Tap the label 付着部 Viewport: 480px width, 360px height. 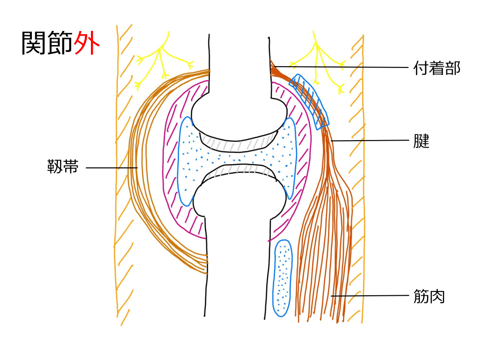[x=437, y=68]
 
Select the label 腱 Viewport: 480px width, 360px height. [x=422, y=141]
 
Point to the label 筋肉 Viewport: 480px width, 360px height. [x=429, y=296]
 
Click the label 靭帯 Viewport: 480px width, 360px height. [x=63, y=167]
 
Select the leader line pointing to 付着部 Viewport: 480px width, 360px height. [x=342, y=67]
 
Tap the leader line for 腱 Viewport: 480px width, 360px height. [x=370, y=140]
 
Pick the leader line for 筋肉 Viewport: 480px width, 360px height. [x=370, y=296]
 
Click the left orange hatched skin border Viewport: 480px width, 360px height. [x=123, y=178]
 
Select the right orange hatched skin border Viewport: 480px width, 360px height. [x=356, y=178]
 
